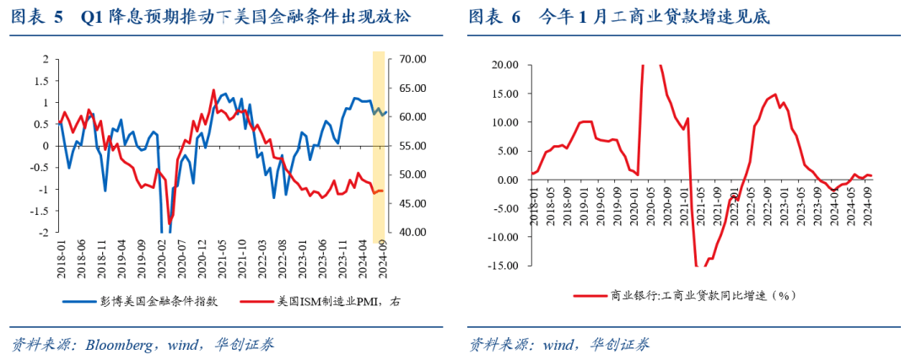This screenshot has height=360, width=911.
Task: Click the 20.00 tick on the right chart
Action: click(504, 65)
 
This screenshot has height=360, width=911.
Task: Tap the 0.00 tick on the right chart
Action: click(506, 180)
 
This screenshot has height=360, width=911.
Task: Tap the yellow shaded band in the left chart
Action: click(380, 143)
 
